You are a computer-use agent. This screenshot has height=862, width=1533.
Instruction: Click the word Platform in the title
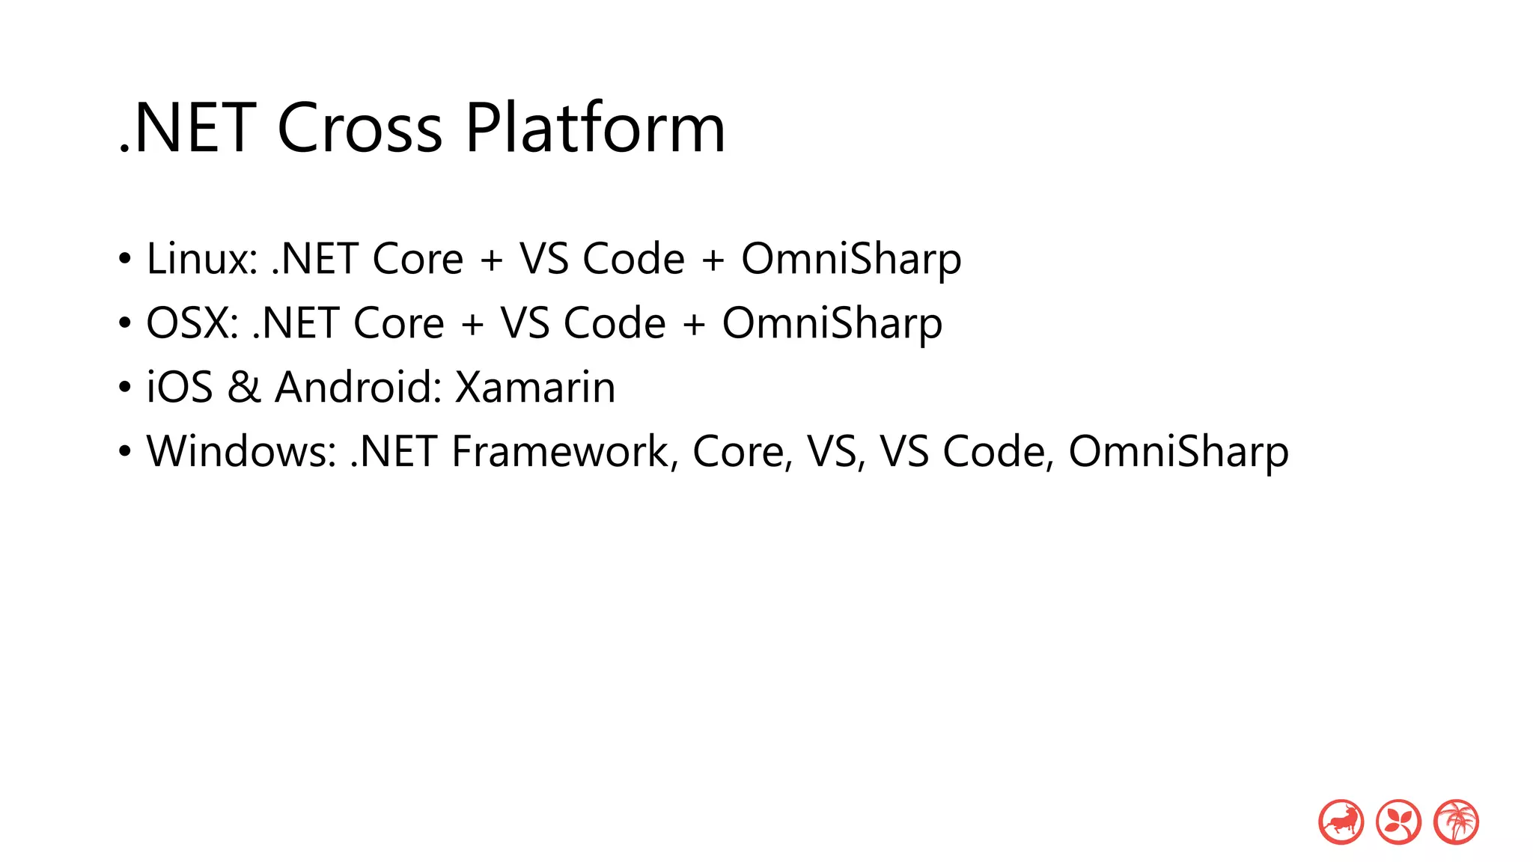[x=595, y=129]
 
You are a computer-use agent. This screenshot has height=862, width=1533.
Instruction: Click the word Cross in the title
[x=359, y=129]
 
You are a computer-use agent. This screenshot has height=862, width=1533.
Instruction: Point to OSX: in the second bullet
[x=192, y=323]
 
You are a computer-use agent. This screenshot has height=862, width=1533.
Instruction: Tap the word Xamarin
[x=535, y=388]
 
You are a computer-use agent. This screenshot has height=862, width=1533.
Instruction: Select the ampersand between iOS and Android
[x=244, y=388]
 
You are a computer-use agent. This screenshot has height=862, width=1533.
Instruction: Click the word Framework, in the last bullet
[x=564, y=452]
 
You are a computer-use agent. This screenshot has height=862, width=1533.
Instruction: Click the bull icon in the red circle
[x=1341, y=822]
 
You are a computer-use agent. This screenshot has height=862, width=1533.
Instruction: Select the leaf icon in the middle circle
[x=1398, y=822]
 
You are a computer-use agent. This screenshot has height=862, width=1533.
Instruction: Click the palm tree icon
[x=1456, y=822]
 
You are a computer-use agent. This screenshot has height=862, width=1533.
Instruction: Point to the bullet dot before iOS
[x=125, y=388]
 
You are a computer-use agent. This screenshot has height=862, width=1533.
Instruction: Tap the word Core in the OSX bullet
[x=399, y=323]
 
